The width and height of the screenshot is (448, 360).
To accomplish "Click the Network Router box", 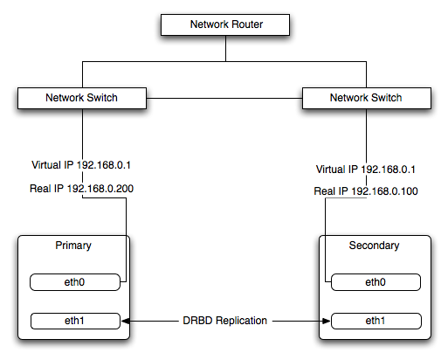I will click(225, 25).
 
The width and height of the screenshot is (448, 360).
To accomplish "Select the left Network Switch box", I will click(81, 98).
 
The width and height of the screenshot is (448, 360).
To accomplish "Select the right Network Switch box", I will click(366, 98).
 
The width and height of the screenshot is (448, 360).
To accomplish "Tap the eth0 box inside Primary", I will click(73, 282).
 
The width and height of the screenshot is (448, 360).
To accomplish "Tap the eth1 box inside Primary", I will click(73, 321).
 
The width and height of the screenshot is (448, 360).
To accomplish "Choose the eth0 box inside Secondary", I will click(375, 282).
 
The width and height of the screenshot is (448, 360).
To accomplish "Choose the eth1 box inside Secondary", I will click(375, 321).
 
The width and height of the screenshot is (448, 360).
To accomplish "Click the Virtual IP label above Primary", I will click(81, 164).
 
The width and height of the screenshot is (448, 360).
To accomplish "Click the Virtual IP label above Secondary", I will click(366, 170).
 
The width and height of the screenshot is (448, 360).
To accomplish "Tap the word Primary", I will click(72, 246).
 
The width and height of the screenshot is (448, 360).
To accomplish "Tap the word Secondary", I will click(375, 246).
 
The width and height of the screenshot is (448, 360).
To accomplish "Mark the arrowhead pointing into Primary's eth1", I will click(127, 321).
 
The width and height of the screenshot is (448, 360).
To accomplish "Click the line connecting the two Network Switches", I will click(223, 98).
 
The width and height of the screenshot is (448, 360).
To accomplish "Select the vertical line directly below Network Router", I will click(225, 49).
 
